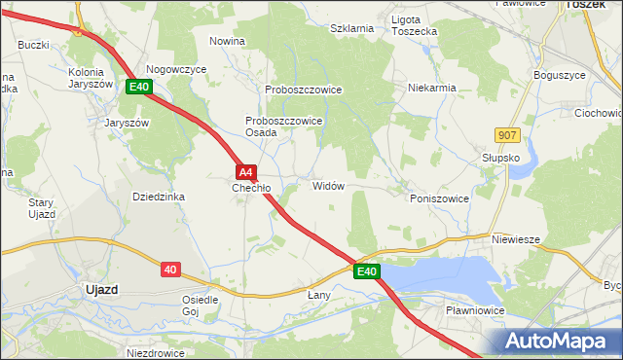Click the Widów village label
[x=328, y=186]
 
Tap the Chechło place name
[x=250, y=188]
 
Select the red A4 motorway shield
[x=246, y=170]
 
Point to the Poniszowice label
[x=439, y=198]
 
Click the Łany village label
[x=319, y=294]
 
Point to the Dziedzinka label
[x=158, y=197]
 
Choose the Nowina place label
[x=227, y=41]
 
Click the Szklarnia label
[x=351, y=29]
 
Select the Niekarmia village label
[x=432, y=88]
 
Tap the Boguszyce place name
[x=560, y=75]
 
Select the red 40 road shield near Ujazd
[x=170, y=270]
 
